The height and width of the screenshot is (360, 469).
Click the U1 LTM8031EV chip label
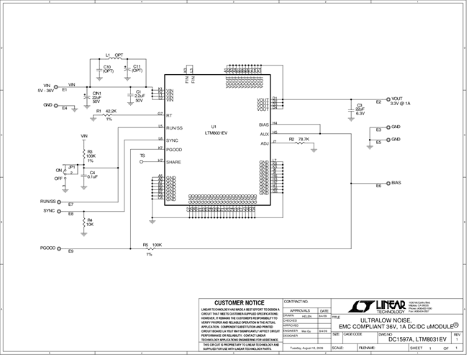[215, 130]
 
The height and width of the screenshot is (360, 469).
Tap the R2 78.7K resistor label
[299, 138]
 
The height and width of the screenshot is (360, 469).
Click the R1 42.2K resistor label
[106, 111]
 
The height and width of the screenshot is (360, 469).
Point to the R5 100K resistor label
[152, 245]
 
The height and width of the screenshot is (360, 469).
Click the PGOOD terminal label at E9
[48, 248]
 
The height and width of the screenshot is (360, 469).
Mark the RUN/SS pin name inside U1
[176, 127]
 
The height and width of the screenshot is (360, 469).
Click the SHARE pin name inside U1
[174, 162]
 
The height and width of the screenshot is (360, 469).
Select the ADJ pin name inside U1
[265, 143]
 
